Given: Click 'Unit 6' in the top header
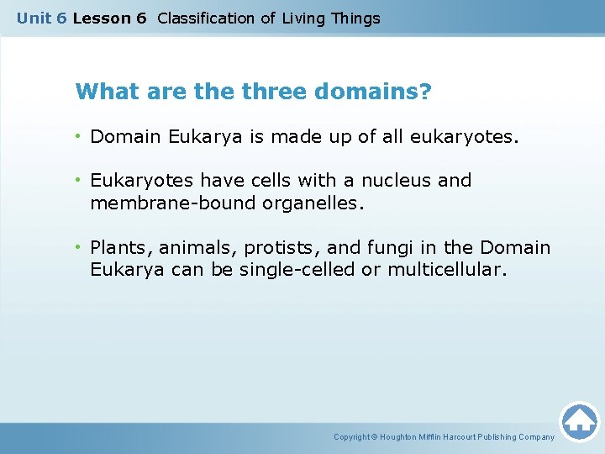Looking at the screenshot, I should (x=41, y=18).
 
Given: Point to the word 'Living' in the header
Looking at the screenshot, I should (x=305, y=18).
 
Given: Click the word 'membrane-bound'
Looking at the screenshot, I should (x=160, y=202).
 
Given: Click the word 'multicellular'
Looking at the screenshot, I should (x=446, y=270).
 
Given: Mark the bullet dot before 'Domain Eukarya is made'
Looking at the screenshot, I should (x=80, y=135).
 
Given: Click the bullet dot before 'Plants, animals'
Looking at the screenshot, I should (x=80, y=248).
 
